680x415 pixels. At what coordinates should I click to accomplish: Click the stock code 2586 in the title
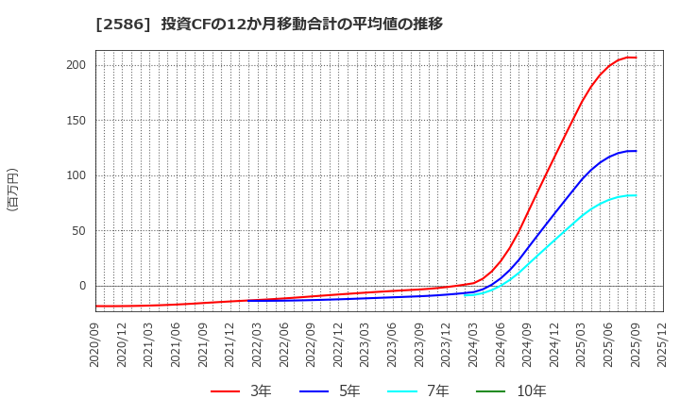pos(114,24)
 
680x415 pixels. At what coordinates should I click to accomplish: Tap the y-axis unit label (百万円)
pos(12,189)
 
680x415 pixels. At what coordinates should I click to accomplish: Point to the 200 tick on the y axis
pos(76,65)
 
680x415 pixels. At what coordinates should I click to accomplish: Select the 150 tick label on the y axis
pos(76,121)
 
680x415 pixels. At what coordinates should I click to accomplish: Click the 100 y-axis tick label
pos(76,175)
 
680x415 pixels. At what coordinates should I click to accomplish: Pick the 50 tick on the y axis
pos(79,230)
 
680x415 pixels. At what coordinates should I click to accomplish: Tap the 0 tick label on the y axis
pos(82,286)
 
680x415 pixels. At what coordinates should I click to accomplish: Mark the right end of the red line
pos(636,58)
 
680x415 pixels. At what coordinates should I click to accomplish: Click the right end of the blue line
pos(636,151)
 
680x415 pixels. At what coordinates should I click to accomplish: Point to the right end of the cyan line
pos(636,195)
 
